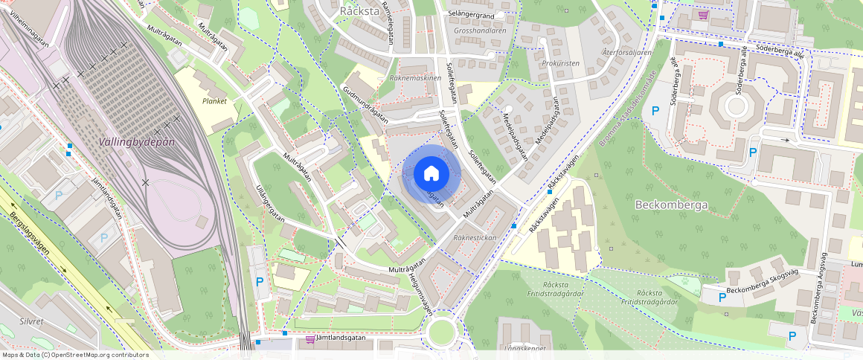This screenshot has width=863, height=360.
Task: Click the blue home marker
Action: [x=431, y=174]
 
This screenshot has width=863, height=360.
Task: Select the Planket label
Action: [x=214, y=100]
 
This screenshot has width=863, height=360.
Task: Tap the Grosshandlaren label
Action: [x=480, y=31]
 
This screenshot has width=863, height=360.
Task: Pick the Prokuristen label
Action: [x=561, y=63]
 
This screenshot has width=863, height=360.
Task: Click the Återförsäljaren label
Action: [x=626, y=53]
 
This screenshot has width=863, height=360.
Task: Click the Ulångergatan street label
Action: [x=270, y=204]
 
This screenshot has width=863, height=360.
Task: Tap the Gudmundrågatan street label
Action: [x=365, y=104]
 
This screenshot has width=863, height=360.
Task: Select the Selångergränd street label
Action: [x=470, y=14]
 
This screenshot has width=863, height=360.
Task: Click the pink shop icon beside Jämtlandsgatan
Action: [x=309, y=339]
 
